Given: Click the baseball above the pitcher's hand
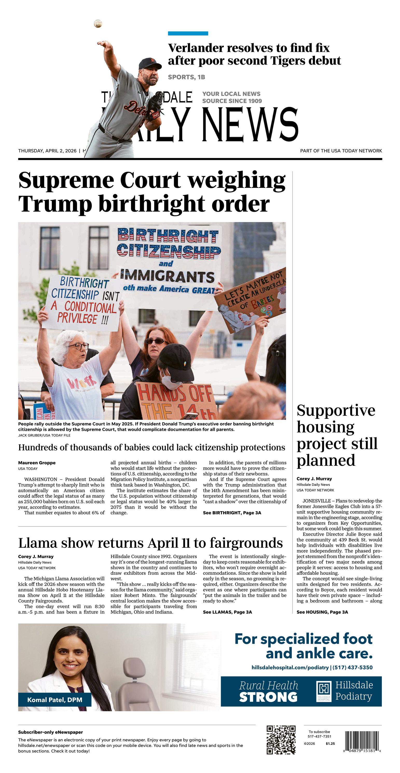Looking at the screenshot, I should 98,23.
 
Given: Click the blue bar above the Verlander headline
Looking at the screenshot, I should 188,33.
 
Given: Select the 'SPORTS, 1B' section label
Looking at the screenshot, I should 186,77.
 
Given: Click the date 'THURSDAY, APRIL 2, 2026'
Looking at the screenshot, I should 47,151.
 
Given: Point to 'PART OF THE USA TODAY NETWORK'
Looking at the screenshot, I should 341,151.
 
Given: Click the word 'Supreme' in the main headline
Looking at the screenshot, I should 66,181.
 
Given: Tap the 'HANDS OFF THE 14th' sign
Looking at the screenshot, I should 177,401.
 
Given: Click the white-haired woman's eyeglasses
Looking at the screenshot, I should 79,346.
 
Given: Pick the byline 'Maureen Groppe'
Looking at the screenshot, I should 37,463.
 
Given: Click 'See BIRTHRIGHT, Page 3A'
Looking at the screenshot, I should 232,513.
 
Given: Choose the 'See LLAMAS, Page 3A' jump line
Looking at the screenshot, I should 227,612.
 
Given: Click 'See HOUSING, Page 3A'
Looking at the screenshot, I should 322,612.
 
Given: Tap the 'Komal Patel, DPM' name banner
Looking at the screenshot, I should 55,700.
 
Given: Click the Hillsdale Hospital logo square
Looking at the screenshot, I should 324,691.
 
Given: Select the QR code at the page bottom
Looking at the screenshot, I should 281,740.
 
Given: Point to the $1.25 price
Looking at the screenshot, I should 330,744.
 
